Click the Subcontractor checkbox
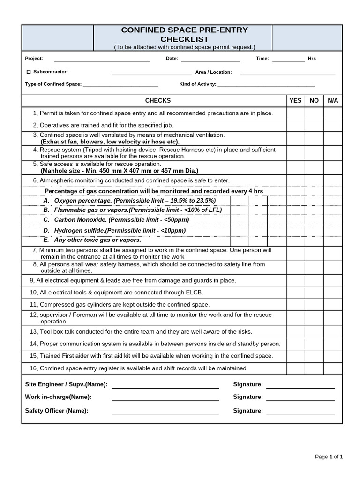click(x=29, y=72)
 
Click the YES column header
click(x=295, y=101)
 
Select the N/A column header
click(x=333, y=101)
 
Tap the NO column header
click(x=314, y=101)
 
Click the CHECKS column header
click(x=158, y=101)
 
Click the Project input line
click(x=101, y=60)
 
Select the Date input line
click(x=210, y=60)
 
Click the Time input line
click(x=288, y=60)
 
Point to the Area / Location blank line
click(x=287, y=73)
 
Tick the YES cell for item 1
click(x=295, y=113)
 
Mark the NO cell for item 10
click(x=314, y=292)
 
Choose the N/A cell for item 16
click(x=333, y=368)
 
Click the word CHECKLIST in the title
click(x=184, y=39)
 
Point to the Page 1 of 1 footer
click(x=329, y=457)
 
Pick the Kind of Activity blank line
click(x=266, y=85)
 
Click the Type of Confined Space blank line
click(x=120, y=85)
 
